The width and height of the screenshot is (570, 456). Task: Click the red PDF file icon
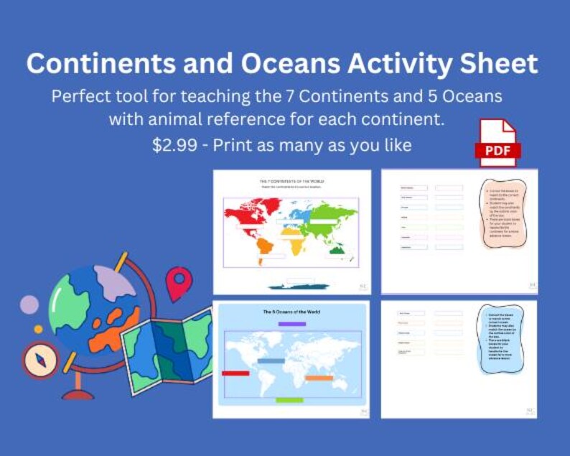496,142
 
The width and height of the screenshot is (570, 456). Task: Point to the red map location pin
179,283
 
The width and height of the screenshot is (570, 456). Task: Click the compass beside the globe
39,360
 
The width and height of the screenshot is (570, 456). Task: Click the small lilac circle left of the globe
29,304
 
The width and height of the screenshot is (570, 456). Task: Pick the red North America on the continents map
248,215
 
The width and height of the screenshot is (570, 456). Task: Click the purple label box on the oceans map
291,325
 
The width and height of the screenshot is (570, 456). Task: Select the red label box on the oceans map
235,373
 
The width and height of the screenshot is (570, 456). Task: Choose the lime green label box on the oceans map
290,400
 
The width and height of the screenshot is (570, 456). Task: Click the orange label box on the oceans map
319,378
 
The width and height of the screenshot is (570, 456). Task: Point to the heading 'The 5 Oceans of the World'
291,312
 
